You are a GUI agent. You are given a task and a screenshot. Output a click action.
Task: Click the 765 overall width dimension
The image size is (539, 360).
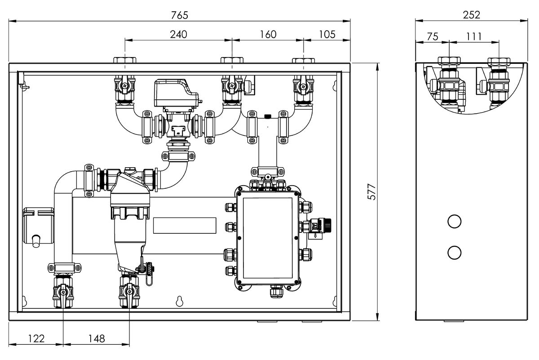click(179, 15)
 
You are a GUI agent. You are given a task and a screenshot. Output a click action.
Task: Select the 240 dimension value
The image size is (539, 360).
click(178, 34)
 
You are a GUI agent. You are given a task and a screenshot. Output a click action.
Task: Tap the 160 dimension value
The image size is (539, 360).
click(268, 34)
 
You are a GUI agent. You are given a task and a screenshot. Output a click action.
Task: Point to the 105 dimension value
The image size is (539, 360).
click(327, 34)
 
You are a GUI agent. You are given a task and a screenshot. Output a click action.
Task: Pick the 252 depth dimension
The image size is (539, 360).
click(471, 15)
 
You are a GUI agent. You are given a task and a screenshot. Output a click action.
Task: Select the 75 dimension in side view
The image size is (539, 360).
click(432, 36)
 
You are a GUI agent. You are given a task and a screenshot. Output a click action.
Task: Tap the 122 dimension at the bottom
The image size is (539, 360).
click(36, 338)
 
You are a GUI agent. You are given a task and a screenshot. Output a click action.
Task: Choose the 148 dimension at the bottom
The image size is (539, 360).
click(96, 338)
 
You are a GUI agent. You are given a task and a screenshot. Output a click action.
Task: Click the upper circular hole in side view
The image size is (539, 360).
click(454, 221)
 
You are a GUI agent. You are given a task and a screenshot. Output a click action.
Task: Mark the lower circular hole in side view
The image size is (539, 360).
click(454, 253)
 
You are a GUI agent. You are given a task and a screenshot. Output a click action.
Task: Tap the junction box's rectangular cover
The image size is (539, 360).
click(267, 237)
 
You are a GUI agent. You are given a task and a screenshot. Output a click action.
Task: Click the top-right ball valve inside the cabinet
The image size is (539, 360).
click(303, 85)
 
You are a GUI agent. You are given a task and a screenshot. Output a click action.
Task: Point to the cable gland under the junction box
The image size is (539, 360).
click(275, 292)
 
